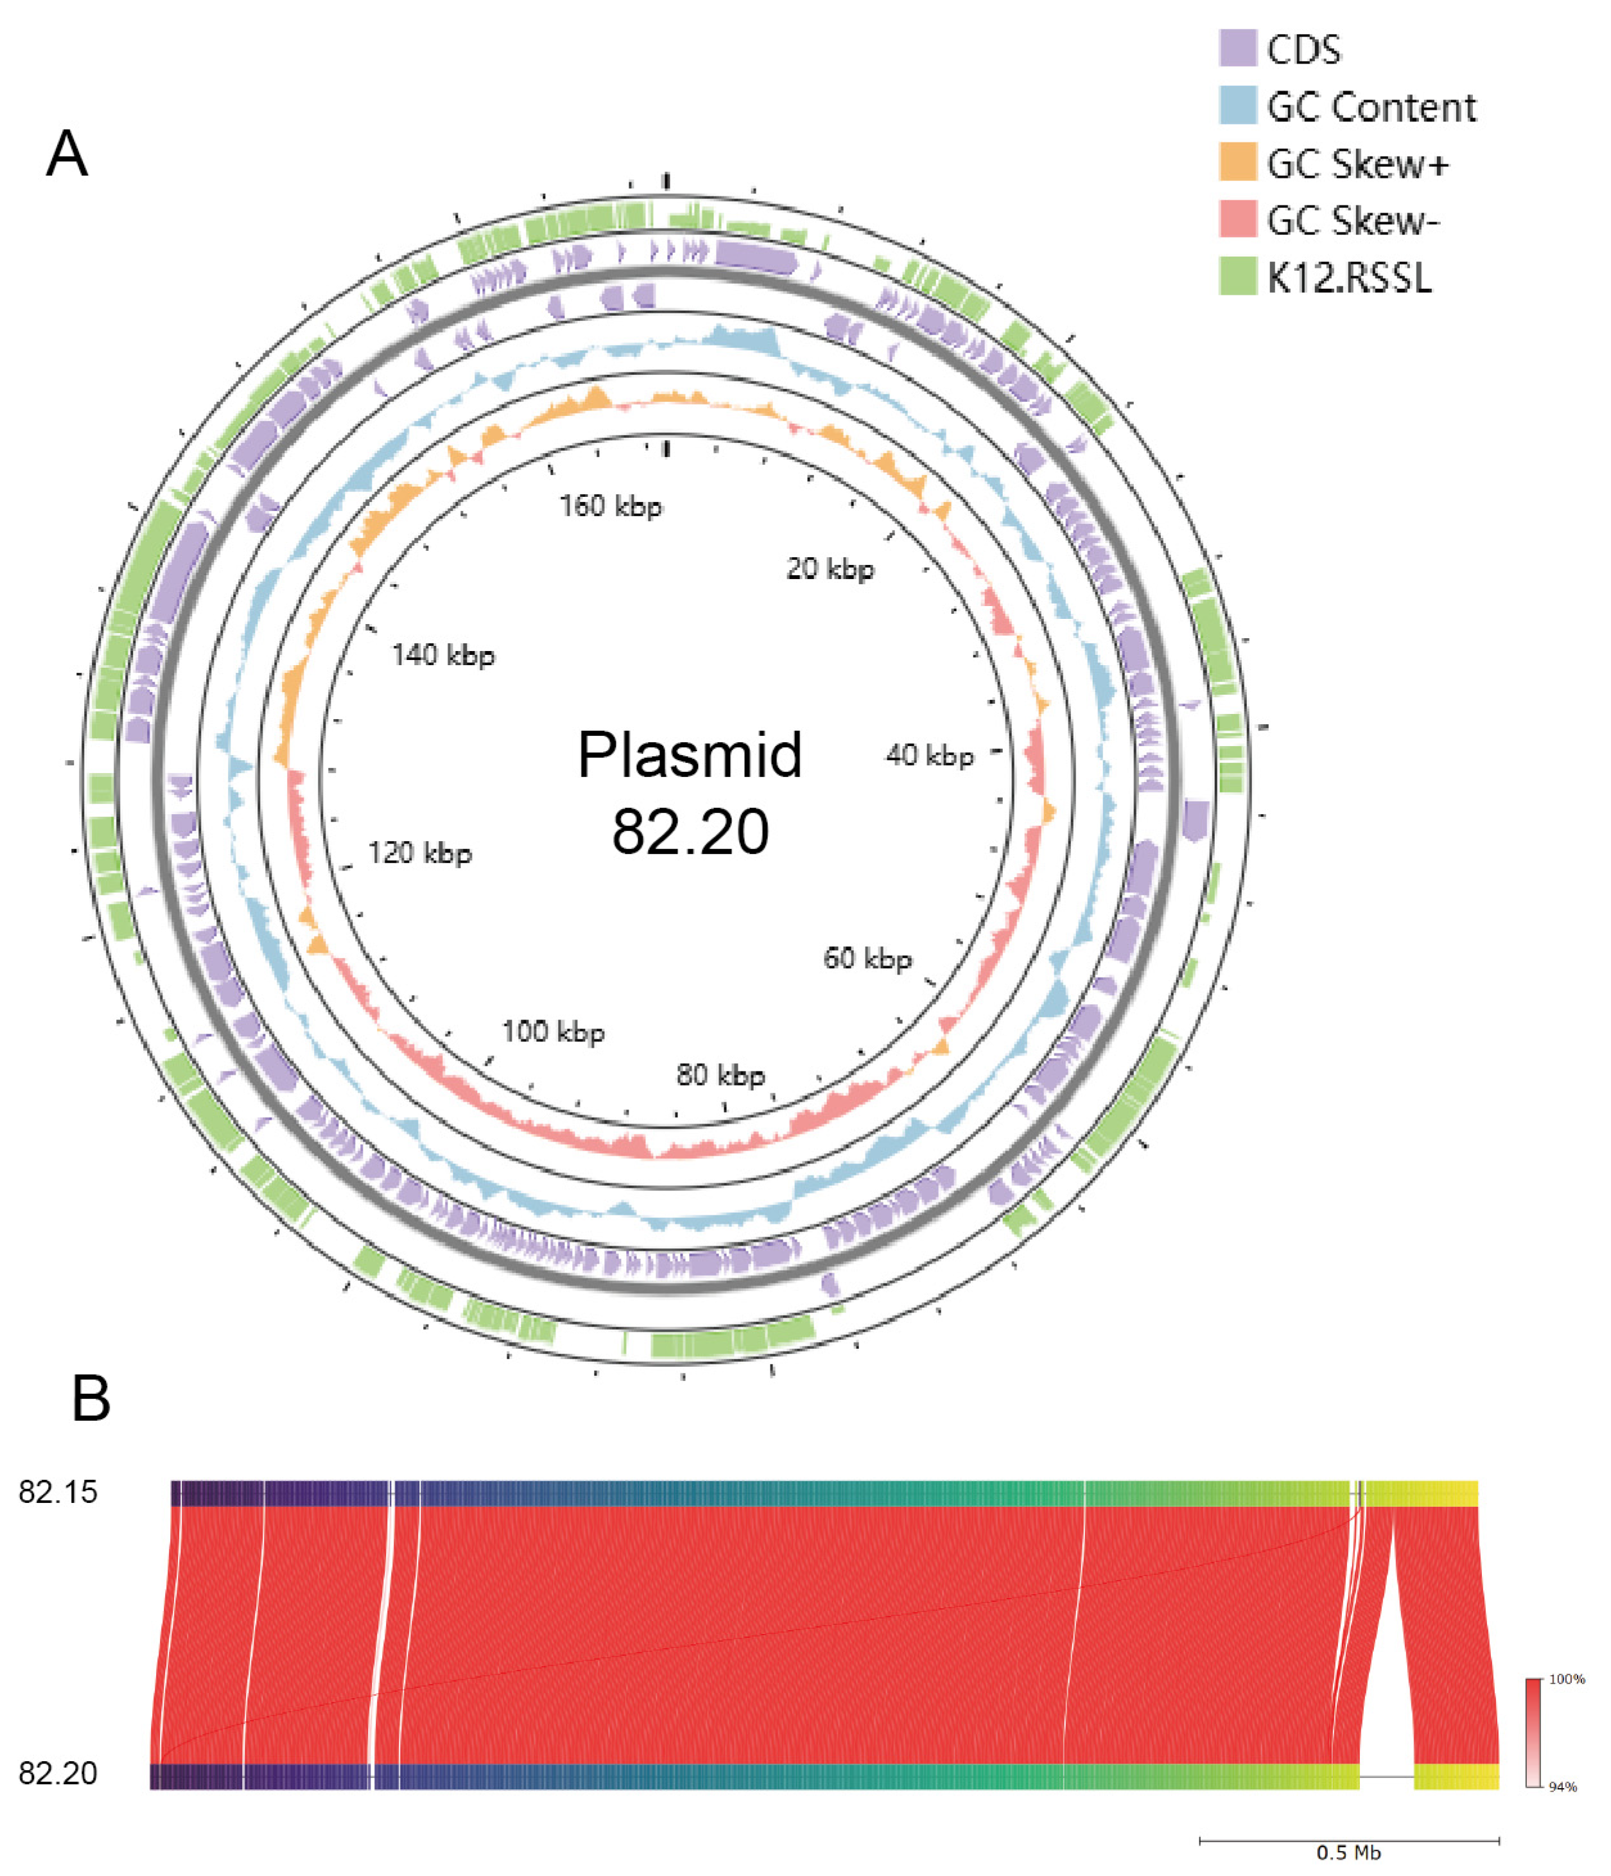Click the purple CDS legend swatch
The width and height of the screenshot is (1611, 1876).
(1237, 48)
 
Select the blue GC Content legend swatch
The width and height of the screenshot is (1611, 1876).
(1237, 105)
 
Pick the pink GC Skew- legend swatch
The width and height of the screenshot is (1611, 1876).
(1237, 219)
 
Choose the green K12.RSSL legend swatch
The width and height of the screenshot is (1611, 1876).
(1237, 276)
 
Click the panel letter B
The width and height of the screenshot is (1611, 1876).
(91, 1399)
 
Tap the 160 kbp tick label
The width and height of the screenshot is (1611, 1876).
(611, 505)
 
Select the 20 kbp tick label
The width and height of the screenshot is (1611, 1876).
(830, 569)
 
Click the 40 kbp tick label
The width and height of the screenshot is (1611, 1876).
(930, 755)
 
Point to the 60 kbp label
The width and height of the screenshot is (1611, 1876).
(867, 958)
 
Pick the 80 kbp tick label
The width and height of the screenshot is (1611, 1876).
(721, 1075)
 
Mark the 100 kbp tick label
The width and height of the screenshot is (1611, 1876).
(553, 1030)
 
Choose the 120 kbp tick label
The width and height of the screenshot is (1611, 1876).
(419, 852)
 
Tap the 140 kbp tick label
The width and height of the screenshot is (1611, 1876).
(443, 655)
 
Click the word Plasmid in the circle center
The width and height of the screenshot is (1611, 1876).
(690, 754)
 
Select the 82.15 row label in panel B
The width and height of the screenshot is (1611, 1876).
(58, 1492)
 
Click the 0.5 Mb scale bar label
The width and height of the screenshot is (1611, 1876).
(1348, 1852)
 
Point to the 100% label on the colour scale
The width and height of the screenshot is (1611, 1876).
(1567, 1679)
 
